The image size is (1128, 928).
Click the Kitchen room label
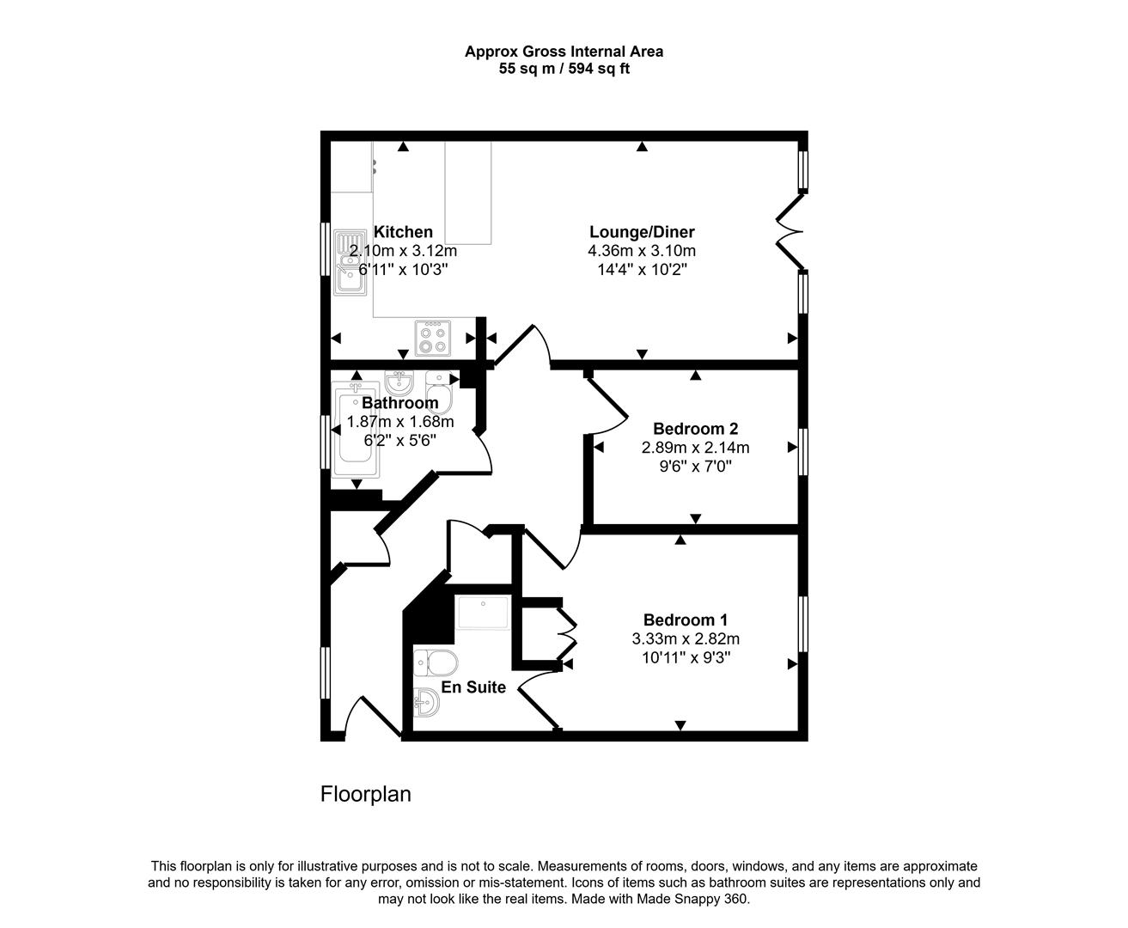point(403,232)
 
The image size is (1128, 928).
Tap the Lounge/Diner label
point(642,232)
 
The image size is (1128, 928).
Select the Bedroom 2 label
point(695,429)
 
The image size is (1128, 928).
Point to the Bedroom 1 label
point(686,620)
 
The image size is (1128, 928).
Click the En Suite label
point(473,687)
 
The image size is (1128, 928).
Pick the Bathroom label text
point(399,403)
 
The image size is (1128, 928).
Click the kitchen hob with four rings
point(432,338)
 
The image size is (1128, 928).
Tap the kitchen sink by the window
point(350,262)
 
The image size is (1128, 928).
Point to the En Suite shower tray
point(483,614)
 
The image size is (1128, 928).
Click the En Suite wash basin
point(427,703)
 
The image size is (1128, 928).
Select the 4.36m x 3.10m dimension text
point(642,251)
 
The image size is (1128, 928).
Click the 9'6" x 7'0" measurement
point(695,467)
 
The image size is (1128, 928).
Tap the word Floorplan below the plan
point(365,794)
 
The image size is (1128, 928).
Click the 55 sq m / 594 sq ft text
point(564,69)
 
